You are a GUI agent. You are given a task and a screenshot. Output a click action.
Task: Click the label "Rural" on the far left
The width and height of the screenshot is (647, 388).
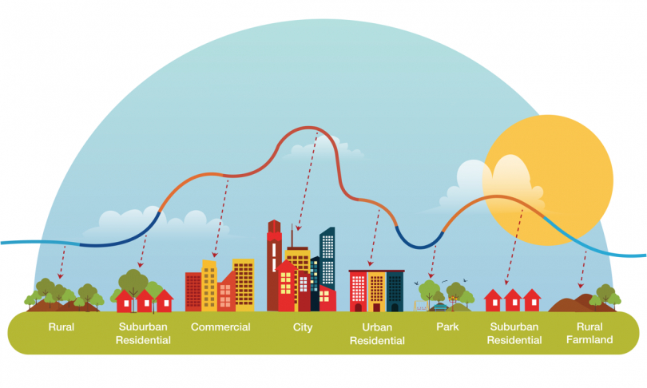(x=61, y=327)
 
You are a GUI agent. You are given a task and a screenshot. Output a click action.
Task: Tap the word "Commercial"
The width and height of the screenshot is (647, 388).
(x=220, y=327)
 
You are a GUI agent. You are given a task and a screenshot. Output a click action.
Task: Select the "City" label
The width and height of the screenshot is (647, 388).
(x=303, y=327)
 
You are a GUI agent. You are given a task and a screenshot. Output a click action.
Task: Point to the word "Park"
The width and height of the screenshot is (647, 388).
(x=447, y=327)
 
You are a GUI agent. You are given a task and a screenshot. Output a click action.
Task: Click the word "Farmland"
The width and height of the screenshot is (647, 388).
(x=589, y=340)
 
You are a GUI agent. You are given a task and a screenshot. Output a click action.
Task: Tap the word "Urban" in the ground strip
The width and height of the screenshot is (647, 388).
(x=377, y=327)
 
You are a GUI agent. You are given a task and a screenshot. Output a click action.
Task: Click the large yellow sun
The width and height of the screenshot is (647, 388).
(x=548, y=180)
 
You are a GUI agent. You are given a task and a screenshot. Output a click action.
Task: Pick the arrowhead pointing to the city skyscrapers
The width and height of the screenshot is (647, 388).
(x=298, y=228)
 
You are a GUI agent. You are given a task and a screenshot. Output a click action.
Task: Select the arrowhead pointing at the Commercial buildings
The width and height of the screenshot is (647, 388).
(x=214, y=255)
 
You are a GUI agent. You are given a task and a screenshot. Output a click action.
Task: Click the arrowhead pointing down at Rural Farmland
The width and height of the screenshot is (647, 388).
(x=581, y=285)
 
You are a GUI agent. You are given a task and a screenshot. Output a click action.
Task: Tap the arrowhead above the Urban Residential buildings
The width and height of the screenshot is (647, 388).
(x=370, y=263)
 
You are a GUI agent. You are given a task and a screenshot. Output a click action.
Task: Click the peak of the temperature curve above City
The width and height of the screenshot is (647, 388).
(x=308, y=128)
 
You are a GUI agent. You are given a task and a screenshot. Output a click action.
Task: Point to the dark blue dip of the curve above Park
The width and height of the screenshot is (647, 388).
(x=419, y=247)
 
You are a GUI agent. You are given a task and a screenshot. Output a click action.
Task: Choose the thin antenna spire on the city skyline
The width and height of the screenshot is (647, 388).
(x=292, y=236)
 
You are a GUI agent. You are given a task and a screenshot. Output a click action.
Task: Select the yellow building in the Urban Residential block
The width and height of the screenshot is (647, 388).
(x=376, y=291)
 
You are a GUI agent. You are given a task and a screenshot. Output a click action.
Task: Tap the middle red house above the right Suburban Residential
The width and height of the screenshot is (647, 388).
(x=513, y=300)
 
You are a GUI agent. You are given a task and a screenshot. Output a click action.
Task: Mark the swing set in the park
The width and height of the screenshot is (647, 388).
(x=421, y=306)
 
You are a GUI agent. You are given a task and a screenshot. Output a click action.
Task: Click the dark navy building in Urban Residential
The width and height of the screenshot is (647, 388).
(x=395, y=291)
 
